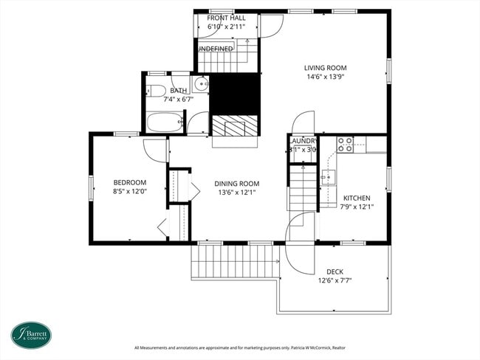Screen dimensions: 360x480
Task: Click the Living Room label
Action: pos(325,68)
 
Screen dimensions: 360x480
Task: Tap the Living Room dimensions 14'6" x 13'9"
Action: pos(325,76)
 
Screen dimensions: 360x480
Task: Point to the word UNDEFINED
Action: pos(215,49)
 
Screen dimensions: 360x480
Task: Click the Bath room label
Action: pos(179,91)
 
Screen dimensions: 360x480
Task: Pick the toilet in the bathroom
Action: pos(155,91)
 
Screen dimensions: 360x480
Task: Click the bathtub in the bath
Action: pos(164,122)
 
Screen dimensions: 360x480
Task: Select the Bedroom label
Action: pos(129,182)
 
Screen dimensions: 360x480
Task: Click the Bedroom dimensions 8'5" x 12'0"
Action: pos(129,191)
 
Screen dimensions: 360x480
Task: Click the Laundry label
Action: pos(303,141)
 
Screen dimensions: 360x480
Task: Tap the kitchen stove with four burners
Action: pos(345,145)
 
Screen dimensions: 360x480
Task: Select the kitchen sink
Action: pos(328,177)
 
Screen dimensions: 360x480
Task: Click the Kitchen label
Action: pos(357,198)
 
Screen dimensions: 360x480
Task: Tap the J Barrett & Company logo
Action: pos(31,334)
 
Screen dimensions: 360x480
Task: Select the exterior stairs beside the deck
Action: pos(235,262)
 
